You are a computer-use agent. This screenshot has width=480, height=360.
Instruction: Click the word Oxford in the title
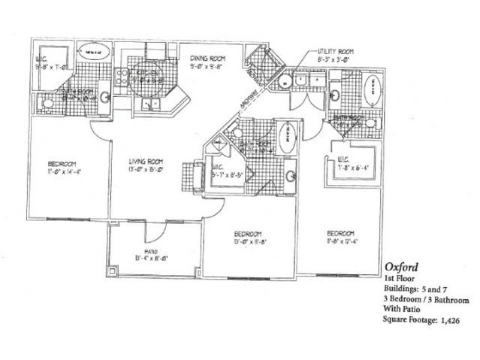401,267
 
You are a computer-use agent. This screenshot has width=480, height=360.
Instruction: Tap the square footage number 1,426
446,320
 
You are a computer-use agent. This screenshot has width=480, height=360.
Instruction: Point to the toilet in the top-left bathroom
47,103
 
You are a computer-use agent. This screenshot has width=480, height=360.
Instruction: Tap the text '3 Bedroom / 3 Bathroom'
427,299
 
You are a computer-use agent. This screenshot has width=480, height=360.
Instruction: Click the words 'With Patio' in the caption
404,310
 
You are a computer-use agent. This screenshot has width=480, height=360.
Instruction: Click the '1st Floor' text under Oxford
399,278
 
